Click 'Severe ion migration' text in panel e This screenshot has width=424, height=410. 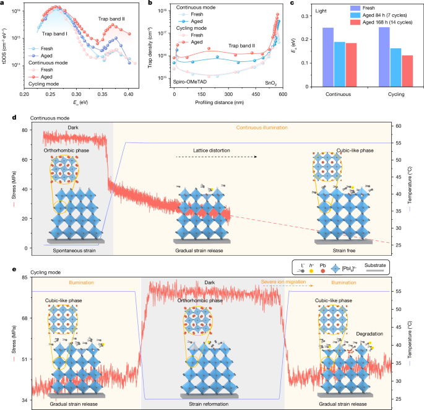click(x=267, y=281)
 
